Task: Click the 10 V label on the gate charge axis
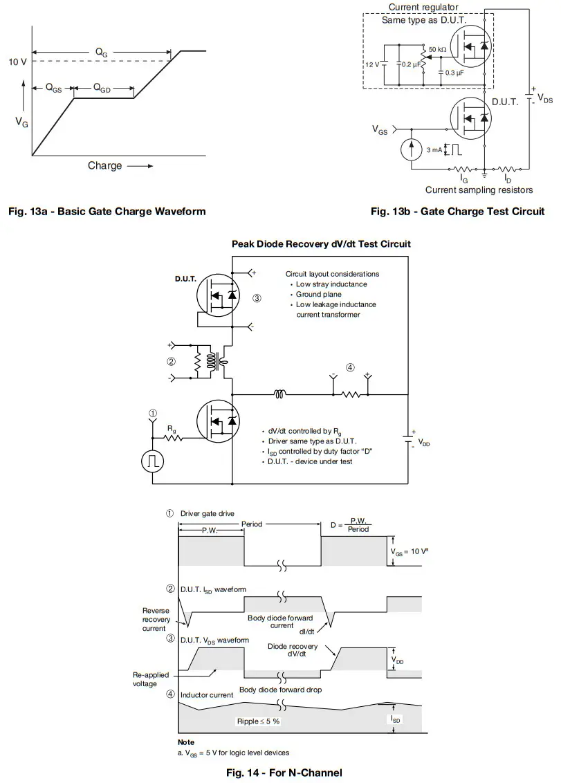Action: coord(17,62)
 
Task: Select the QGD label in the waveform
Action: coord(102,89)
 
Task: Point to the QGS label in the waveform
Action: coord(53,89)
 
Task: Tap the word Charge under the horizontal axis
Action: coord(104,165)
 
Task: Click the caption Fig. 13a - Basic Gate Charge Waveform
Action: coord(107,211)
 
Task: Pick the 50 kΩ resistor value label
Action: coord(437,50)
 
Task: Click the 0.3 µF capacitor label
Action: coord(454,73)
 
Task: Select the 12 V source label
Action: coord(372,64)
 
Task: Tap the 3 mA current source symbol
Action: coord(412,149)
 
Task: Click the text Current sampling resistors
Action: coord(479,190)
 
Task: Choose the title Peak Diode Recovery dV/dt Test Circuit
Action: coord(321,244)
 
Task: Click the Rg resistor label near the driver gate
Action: coord(170,428)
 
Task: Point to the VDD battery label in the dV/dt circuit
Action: coord(424,443)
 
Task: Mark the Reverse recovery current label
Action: coord(156,620)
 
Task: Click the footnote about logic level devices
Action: coord(234,753)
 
